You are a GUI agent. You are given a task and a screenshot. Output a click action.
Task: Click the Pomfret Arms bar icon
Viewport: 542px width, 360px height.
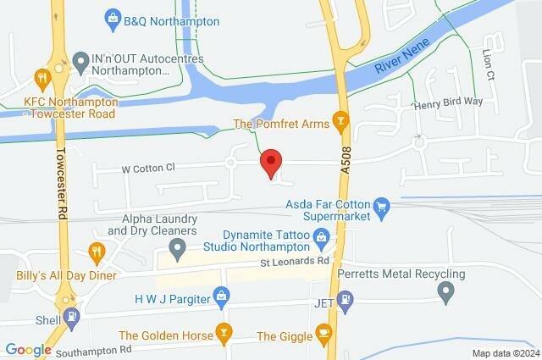click(x=340, y=124)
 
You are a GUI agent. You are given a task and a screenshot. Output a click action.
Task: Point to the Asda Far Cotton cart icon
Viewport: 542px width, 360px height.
click(x=382, y=205)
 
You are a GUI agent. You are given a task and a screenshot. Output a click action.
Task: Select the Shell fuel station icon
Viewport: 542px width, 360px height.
click(x=74, y=318)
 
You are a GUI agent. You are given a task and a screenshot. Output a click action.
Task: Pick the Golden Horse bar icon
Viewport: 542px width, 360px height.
click(x=224, y=330)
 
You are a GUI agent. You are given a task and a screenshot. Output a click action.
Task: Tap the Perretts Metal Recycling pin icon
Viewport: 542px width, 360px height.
click(x=447, y=294)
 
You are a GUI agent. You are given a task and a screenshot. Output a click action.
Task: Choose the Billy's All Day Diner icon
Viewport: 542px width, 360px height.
click(x=97, y=252)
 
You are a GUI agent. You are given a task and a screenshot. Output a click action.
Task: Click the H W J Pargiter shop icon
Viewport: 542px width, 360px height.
click(x=222, y=296)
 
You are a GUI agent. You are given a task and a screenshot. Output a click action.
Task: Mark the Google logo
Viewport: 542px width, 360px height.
click(x=28, y=349)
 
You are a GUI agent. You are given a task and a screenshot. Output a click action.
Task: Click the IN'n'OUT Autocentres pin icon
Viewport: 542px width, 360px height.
click(x=80, y=61)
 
